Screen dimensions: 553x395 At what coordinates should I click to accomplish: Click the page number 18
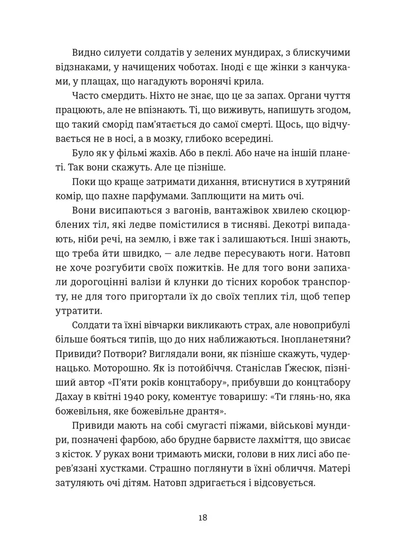[203, 517]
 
